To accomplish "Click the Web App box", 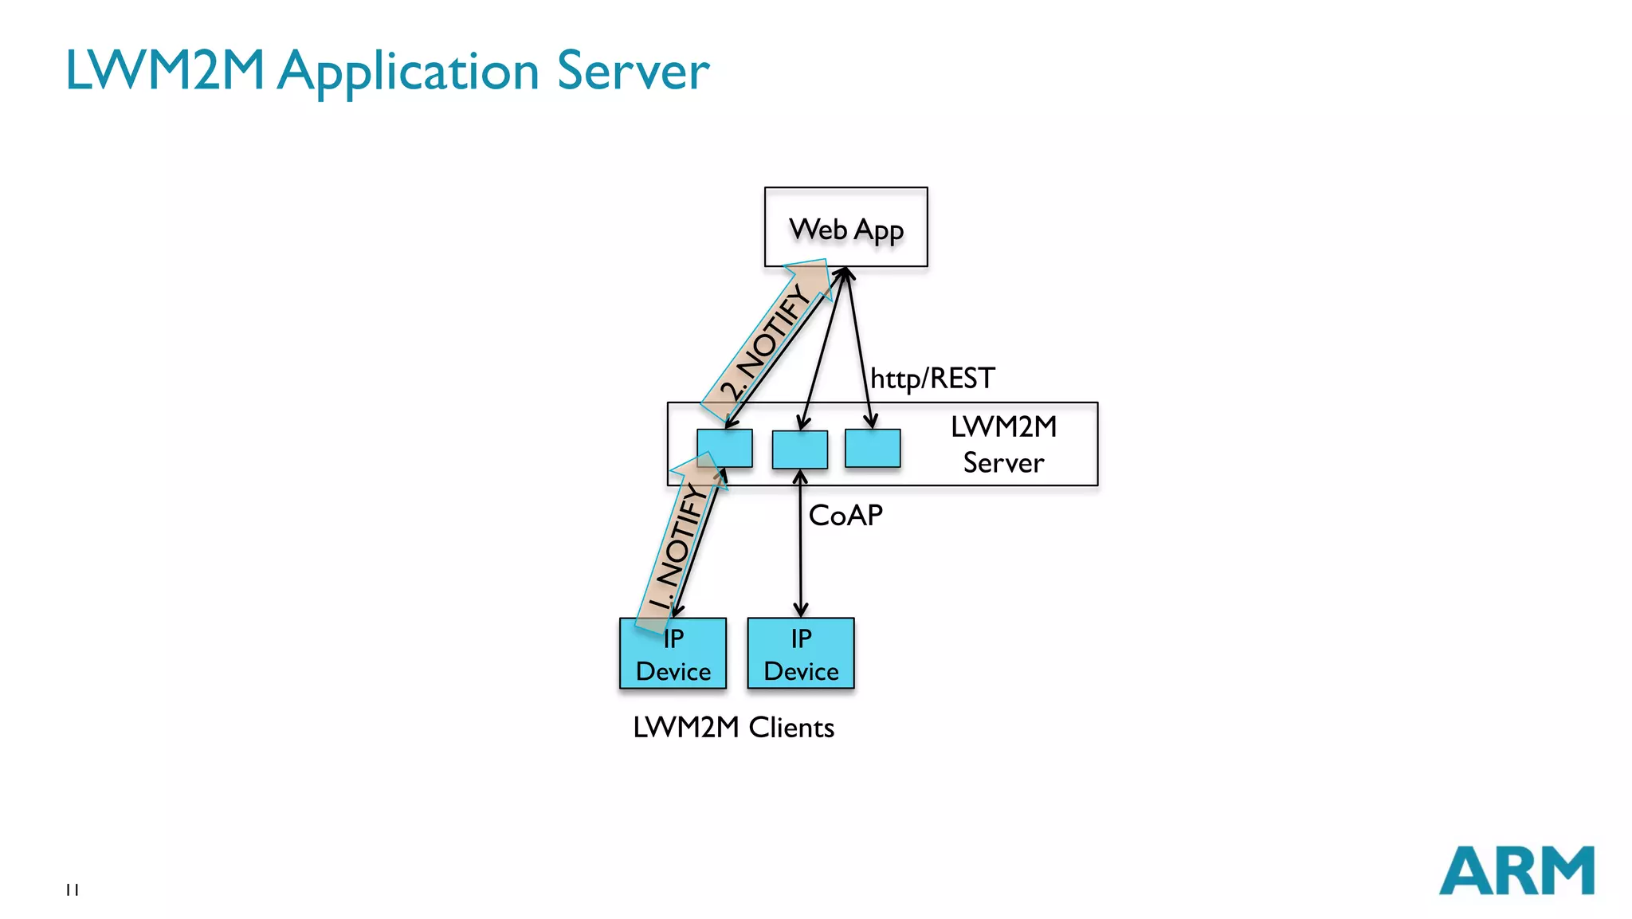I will click(x=845, y=227).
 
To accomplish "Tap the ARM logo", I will click(x=1516, y=870).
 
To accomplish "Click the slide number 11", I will click(x=73, y=890).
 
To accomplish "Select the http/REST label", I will click(x=932, y=378).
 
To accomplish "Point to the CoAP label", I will click(x=845, y=516).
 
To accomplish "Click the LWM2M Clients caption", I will click(x=733, y=727).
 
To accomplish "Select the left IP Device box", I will click(x=673, y=654).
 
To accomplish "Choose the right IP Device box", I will click(x=800, y=654).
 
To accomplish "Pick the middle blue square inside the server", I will click(x=799, y=450).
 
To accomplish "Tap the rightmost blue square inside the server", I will click(x=873, y=448).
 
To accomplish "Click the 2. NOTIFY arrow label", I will click(x=765, y=343).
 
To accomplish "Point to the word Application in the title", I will click(x=409, y=72).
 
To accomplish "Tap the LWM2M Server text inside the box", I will click(x=1003, y=445).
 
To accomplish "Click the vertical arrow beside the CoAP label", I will click(x=800, y=550).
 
